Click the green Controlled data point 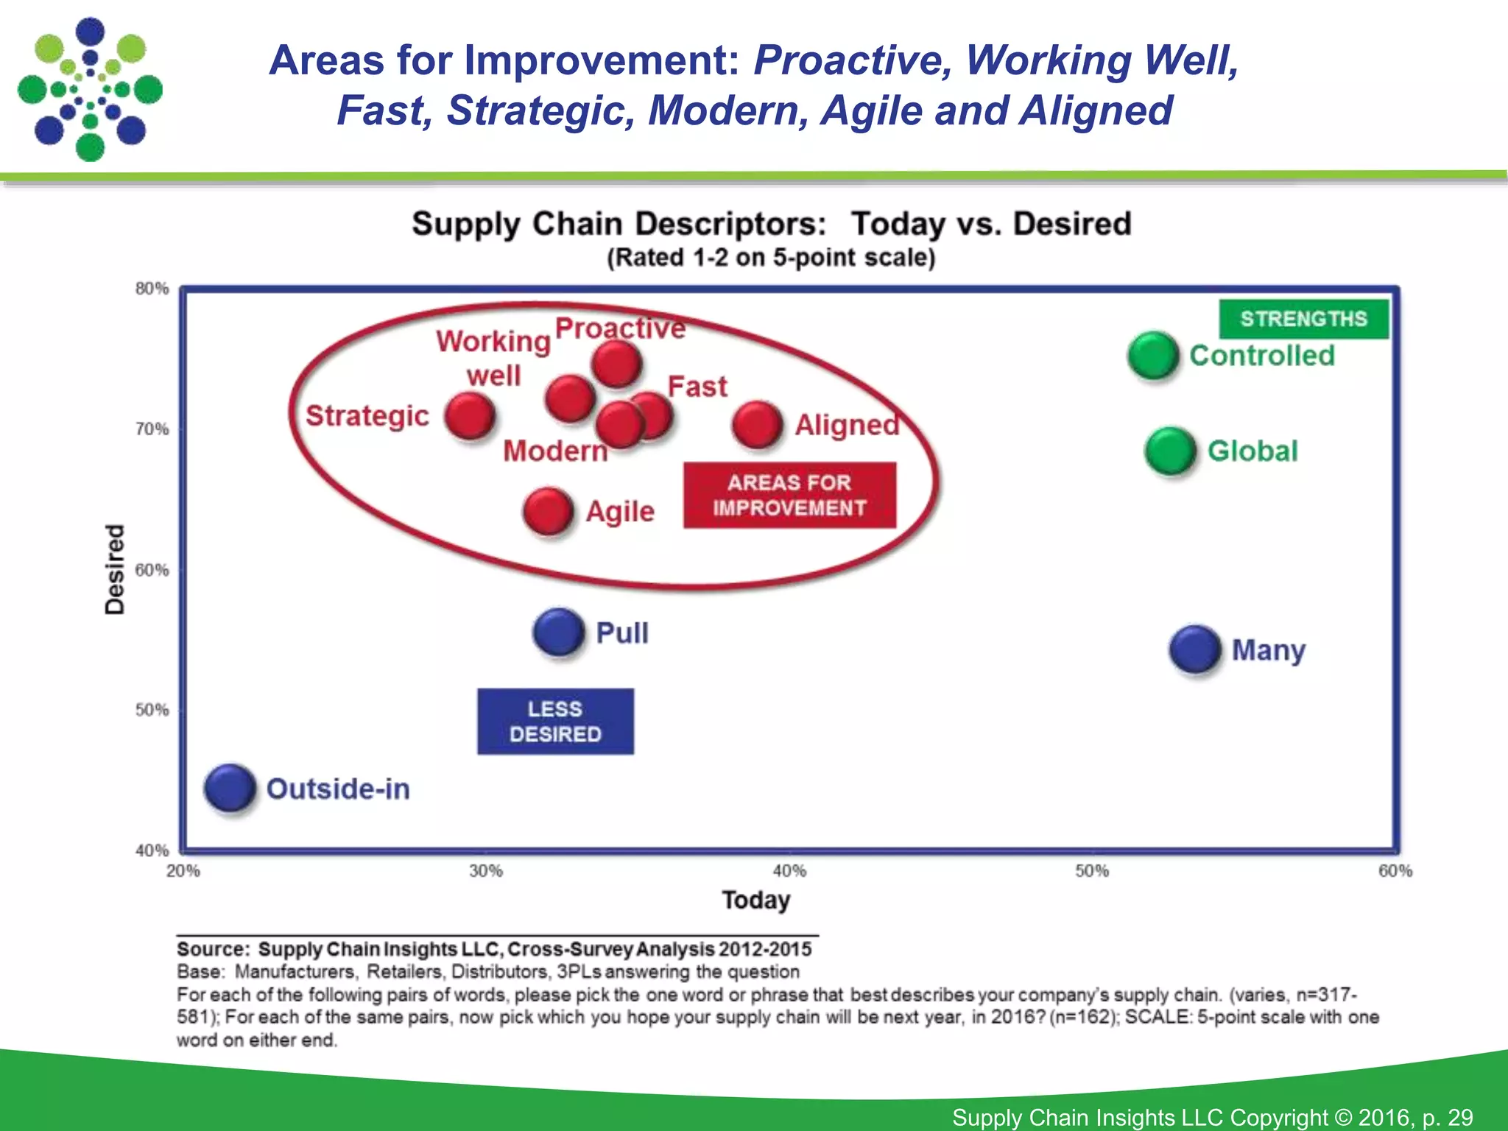coord(1153,356)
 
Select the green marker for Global coord(1170,451)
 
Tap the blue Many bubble coord(1194,649)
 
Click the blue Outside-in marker coord(230,788)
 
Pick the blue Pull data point coord(559,633)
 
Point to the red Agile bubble coord(548,511)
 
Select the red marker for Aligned coord(757,425)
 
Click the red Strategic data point coord(470,416)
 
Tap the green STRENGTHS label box coord(1303,319)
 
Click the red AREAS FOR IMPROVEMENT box coord(789,496)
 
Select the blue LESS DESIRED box coord(555,722)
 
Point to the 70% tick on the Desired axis coord(152,429)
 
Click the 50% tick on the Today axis coord(1091,871)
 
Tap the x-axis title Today coord(755,900)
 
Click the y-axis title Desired coord(115,569)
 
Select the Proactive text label coord(620,328)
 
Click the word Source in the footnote coord(211,949)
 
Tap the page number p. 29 coord(1448,1117)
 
